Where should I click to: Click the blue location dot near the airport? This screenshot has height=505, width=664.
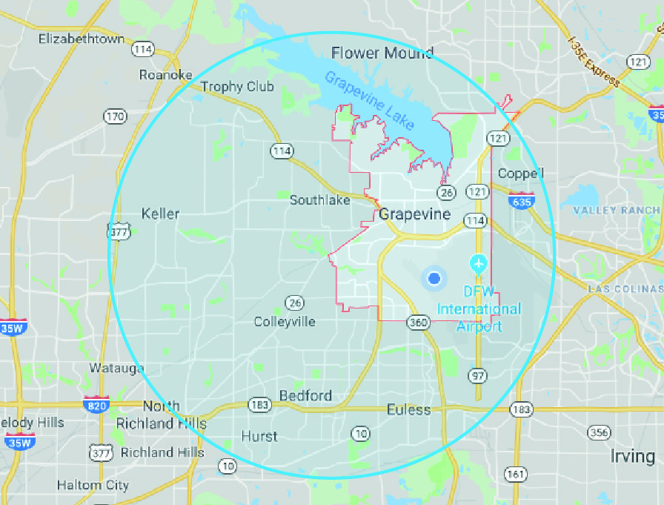434,278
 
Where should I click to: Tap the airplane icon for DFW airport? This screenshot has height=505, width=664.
479,263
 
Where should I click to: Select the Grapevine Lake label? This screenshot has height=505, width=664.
369,100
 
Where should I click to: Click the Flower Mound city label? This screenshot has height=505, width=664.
382,53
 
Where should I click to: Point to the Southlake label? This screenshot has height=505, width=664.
319,199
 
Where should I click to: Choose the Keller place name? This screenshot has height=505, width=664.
160,214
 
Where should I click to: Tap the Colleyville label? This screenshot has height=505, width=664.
285,321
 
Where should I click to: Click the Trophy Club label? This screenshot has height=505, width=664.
237,87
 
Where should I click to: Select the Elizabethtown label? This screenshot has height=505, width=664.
82,38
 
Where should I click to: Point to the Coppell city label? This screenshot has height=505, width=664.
521,174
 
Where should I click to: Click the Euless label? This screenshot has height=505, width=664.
408,409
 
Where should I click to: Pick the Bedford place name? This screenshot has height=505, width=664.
305,395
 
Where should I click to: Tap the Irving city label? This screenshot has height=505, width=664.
632,455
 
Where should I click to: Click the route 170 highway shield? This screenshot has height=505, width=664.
115,116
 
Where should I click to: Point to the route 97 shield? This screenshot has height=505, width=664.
478,376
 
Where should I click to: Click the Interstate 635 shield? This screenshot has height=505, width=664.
522,200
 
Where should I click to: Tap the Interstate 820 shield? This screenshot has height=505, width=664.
97,405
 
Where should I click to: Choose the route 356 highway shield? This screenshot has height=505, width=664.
598,432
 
